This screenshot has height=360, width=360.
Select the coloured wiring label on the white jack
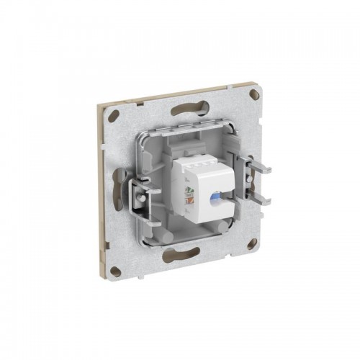point(189,192)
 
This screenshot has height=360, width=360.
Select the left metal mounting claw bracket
point(141,194)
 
